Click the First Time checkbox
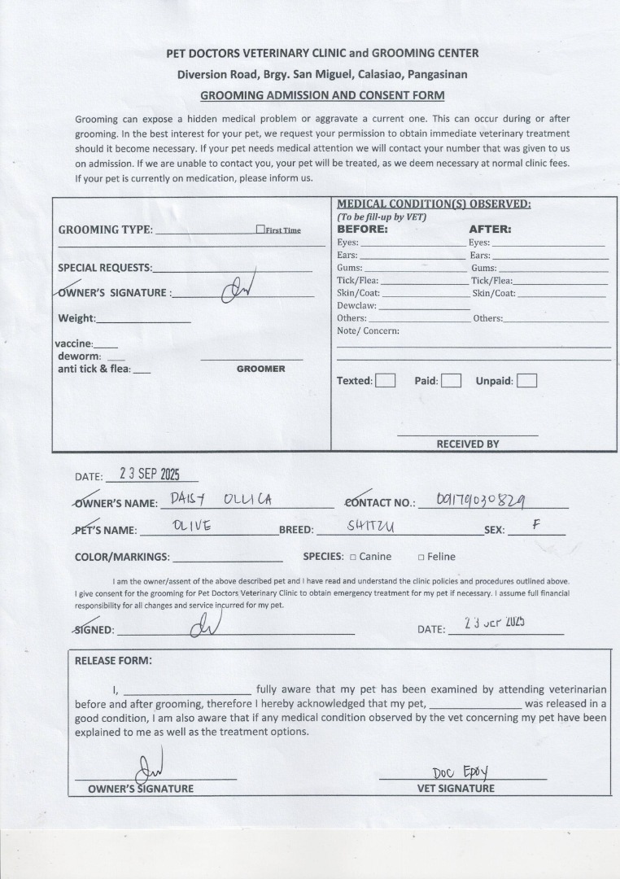coord(260,230)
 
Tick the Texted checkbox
coord(386,380)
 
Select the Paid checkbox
coord(452,380)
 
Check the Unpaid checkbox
coord(526,380)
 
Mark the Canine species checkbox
coord(353,558)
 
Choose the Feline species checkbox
coord(421,558)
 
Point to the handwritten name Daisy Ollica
coord(220,499)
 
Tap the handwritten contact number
coord(480,499)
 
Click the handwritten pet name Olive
coord(192,526)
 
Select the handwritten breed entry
coord(371,527)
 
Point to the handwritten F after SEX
coord(535,525)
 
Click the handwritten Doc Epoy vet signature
coord(460,772)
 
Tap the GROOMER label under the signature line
coord(260,369)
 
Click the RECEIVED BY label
coord(468,444)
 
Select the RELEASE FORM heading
coord(112,660)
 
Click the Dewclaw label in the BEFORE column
coord(356,305)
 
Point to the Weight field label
coord(76,318)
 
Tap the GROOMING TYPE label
coord(105,230)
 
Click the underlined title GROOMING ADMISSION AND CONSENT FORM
coord(322,94)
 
